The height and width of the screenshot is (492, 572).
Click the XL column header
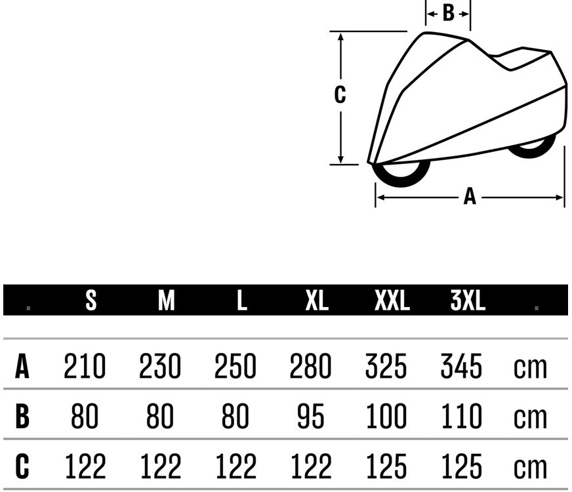(317, 300)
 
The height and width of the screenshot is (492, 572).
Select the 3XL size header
(468, 300)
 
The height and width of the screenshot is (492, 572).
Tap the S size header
(91, 300)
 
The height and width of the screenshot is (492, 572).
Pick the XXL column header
(392, 300)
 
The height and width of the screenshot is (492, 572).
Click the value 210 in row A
(85, 366)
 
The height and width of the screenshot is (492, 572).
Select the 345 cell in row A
(461, 366)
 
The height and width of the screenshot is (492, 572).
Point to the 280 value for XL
(310, 366)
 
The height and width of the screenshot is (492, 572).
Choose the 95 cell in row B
(310, 416)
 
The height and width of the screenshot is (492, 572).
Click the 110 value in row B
(461, 416)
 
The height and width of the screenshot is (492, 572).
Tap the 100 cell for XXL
(386, 416)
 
